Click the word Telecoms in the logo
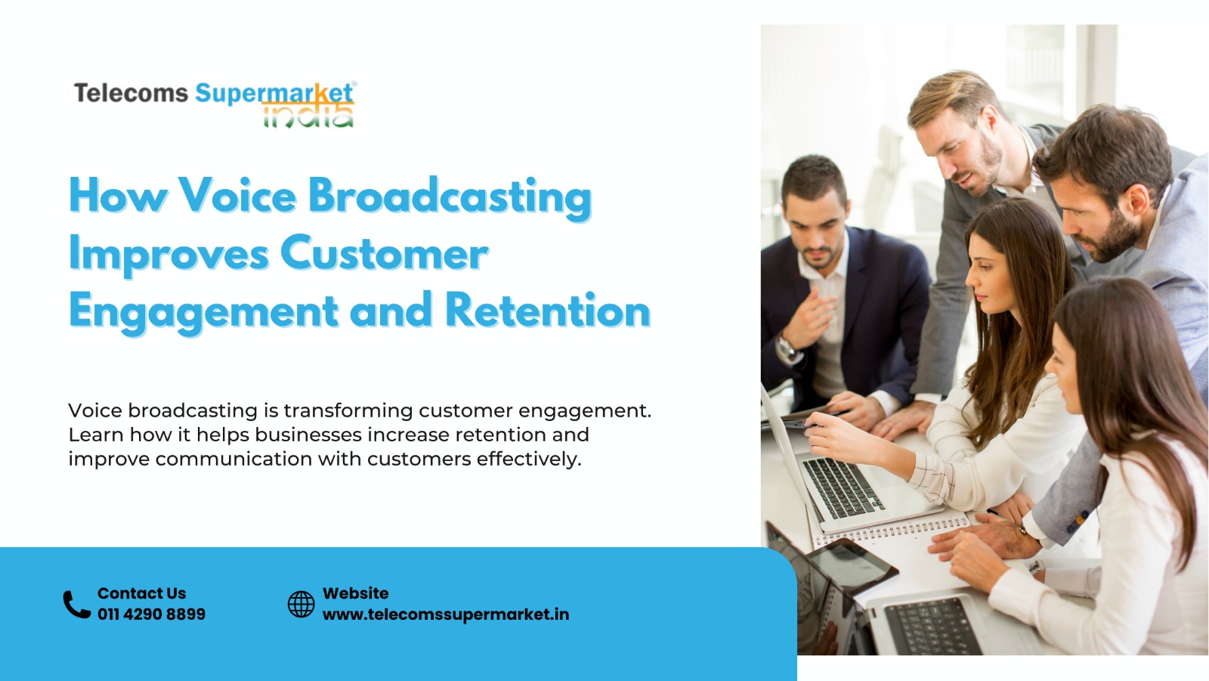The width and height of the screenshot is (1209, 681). pyautogui.click(x=131, y=93)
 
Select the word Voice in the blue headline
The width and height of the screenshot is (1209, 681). pyautogui.click(x=237, y=196)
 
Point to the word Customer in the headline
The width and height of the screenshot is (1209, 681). pyautogui.click(x=385, y=254)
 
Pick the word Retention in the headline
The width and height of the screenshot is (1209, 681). pyautogui.click(x=548, y=310)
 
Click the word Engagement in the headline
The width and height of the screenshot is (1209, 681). pyautogui.click(x=203, y=313)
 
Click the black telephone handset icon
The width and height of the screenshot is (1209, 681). pyautogui.click(x=76, y=604)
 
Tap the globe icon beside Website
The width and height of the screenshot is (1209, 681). pyautogui.click(x=301, y=604)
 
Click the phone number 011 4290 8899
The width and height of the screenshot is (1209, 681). pyautogui.click(x=152, y=614)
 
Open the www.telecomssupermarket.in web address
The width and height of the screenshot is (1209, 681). pyautogui.click(x=446, y=614)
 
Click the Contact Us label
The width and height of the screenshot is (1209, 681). pyautogui.click(x=141, y=593)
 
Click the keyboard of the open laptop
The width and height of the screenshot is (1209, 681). pyautogui.click(x=843, y=487)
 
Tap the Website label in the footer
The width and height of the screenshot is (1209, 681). pyautogui.click(x=356, y=593)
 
